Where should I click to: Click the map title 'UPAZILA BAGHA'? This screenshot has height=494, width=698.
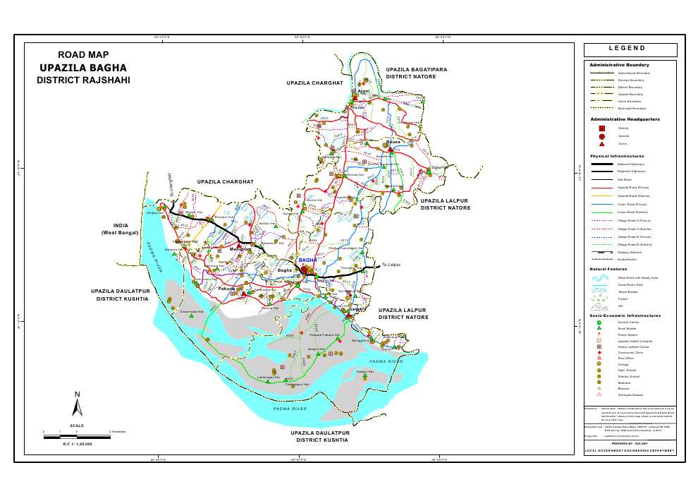point(83,68)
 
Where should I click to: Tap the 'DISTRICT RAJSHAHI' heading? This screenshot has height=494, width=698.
point(83,80)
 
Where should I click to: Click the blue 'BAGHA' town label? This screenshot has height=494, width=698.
point(308,260)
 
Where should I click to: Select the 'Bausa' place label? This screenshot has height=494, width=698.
point(393,142)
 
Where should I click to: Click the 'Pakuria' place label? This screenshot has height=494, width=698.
point(226,289)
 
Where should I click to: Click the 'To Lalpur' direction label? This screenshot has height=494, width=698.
point(391,265)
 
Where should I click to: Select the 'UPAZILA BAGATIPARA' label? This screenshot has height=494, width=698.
point(418,69)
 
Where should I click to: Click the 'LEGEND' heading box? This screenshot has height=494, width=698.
point(630,49)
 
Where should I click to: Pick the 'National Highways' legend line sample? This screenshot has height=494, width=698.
point(603,164)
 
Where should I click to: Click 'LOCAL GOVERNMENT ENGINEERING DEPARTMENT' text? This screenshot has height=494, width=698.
point(630,450)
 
